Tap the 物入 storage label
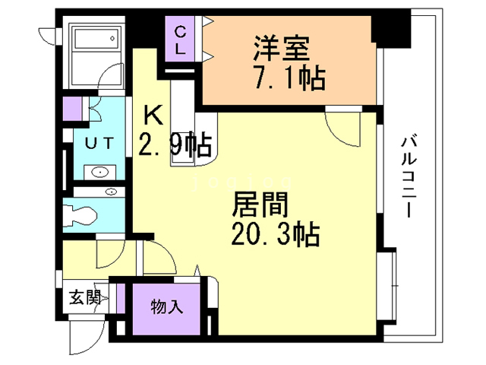tap(166, 307)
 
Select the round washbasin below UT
tap(100, 173)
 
